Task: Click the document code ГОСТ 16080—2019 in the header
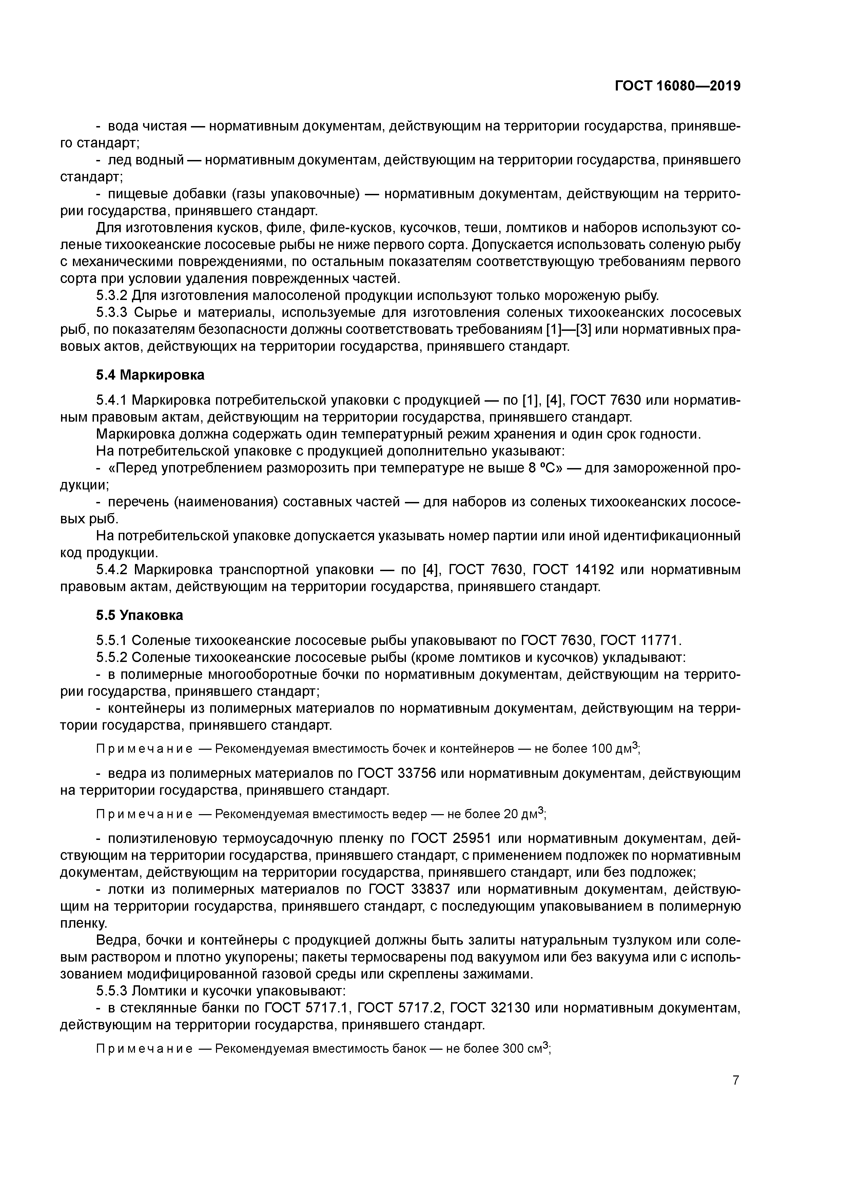[677, 86]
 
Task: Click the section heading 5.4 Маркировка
[150, 375]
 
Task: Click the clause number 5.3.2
[112, 296]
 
